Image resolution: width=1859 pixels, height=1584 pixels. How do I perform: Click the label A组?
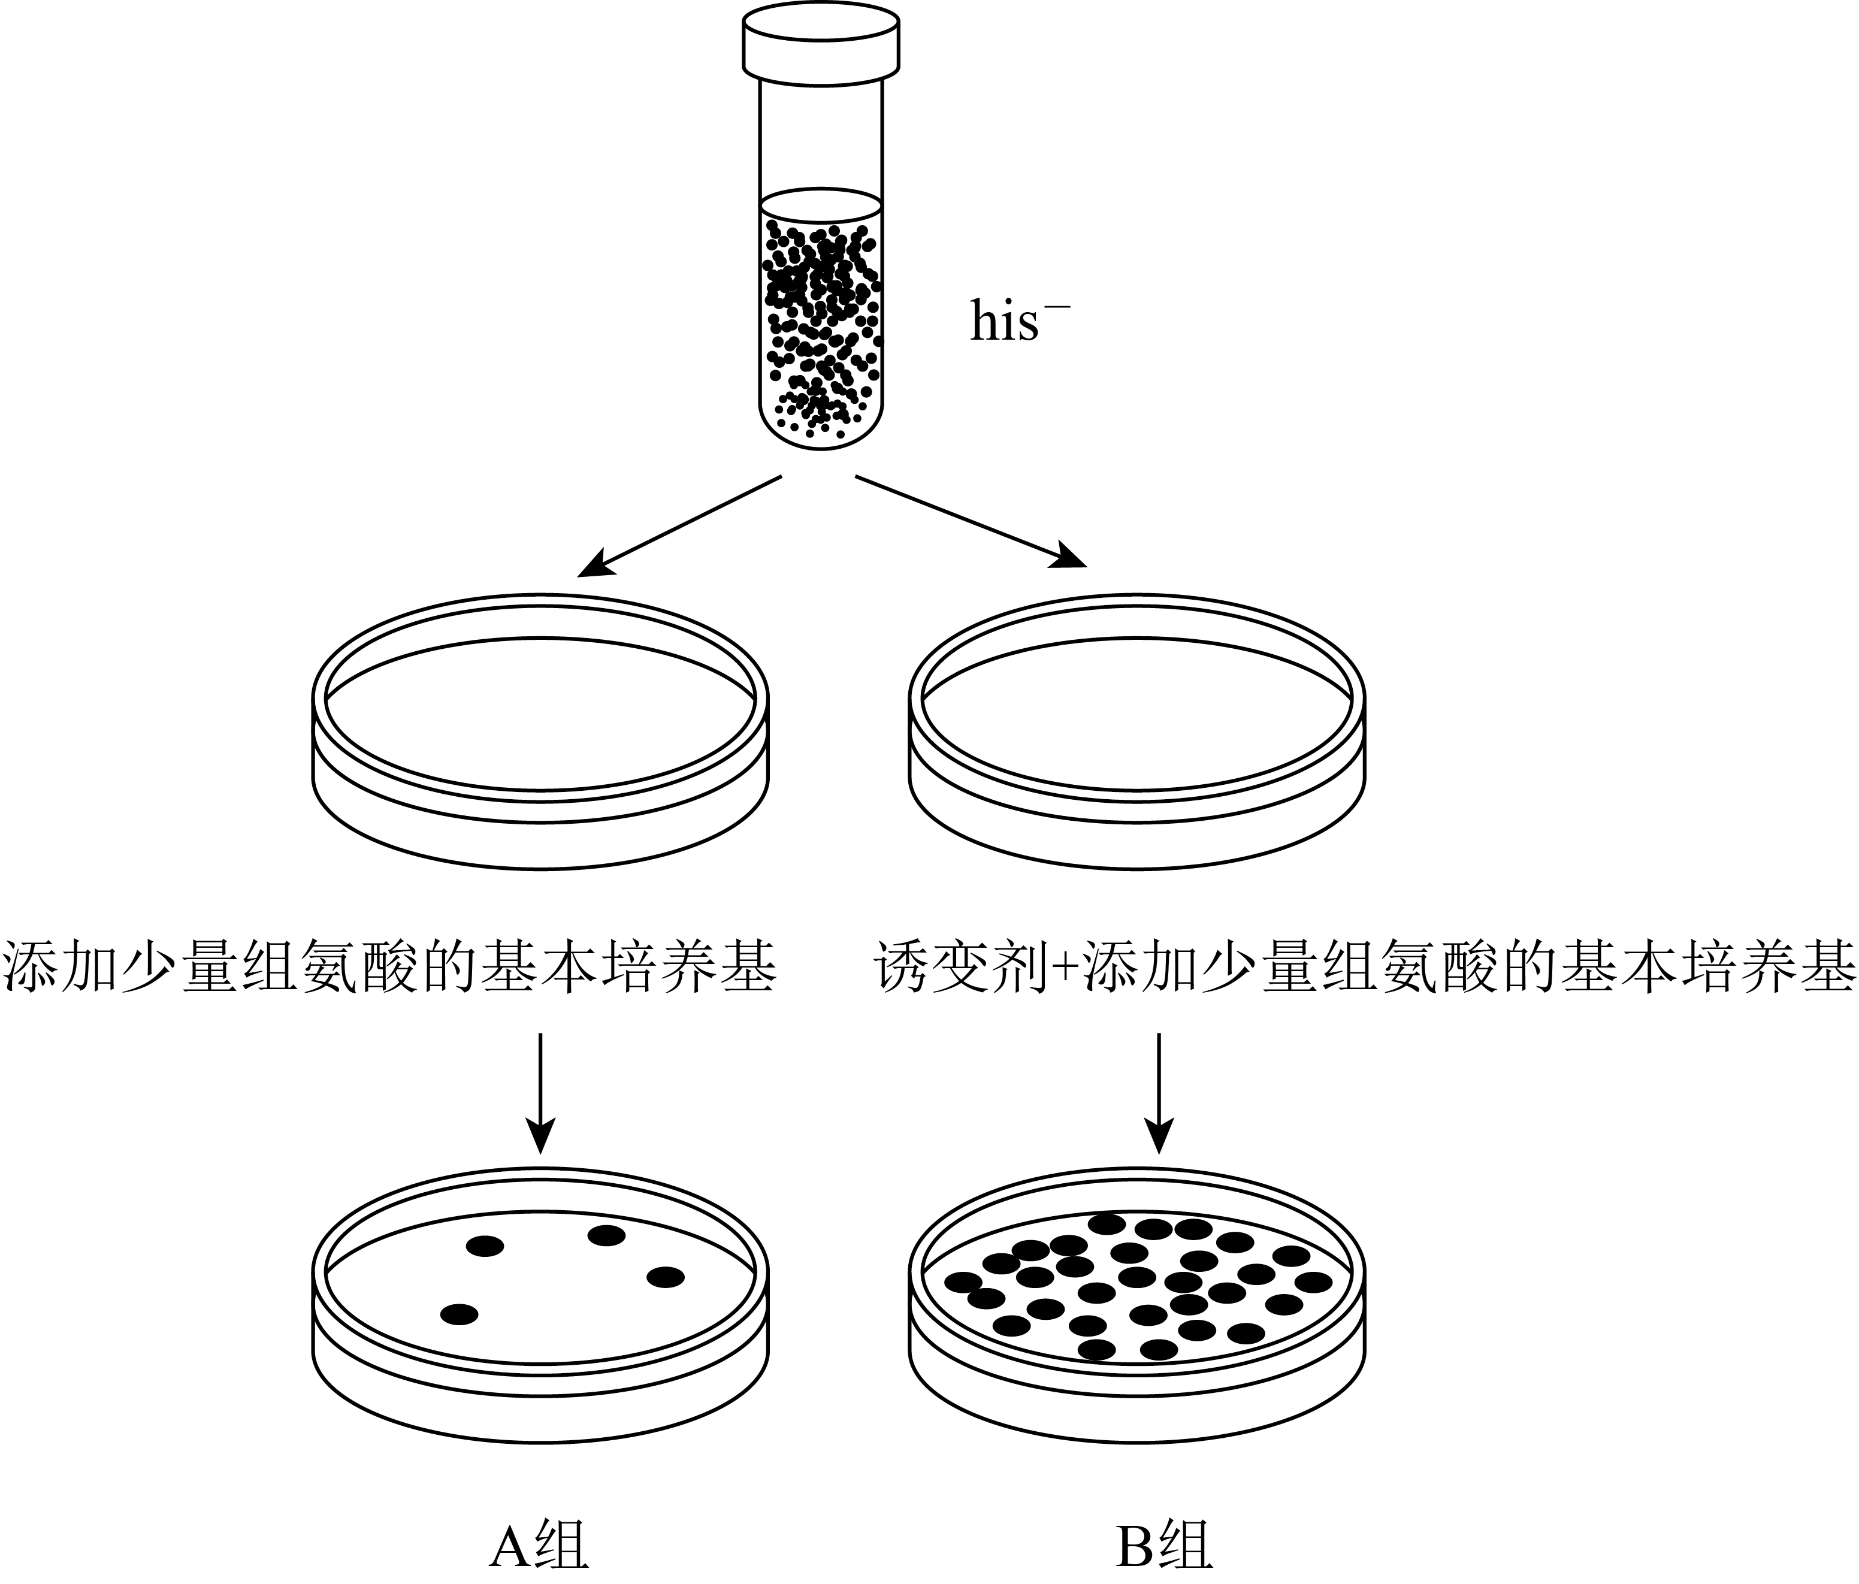pos(539,1546)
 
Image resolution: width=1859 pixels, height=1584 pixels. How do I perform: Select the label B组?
pos(1163,1546)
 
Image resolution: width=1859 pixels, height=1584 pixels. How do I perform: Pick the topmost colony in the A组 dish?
pos(606,1236)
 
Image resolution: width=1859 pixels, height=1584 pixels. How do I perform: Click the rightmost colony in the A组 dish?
pos(665,1277)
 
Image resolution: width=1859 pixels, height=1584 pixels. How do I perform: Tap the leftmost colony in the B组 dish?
pos(963,1281)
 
